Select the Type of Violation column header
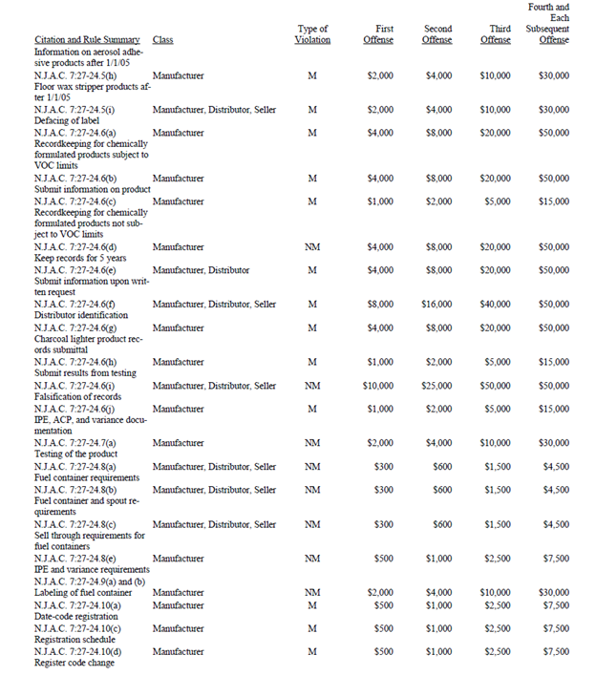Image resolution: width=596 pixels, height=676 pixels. click(312, 34)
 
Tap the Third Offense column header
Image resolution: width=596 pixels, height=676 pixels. click(495, 34)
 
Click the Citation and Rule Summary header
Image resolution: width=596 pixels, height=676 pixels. click(89, 40)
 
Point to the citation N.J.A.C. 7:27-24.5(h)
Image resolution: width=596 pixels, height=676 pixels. click(75, 74)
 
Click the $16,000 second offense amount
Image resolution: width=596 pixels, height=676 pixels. click(436, 305)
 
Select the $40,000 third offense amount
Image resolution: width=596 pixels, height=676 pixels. click(495, 305)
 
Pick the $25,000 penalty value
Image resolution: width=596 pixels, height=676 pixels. click(436, 386)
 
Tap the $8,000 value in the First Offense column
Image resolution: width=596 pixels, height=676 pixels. click(379, 305)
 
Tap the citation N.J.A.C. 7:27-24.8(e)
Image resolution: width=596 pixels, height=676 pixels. click(75, 559)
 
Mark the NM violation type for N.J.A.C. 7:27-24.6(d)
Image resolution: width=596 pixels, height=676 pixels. click(312, 247)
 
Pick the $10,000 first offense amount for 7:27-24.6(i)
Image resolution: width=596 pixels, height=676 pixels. click(378, 386)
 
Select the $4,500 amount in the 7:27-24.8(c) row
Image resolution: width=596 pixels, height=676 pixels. click(554, 524)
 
